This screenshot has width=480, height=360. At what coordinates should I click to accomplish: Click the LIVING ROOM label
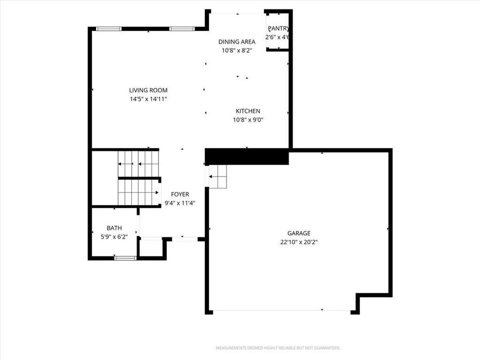pos(148,90)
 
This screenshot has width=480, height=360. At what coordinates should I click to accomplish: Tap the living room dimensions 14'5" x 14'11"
pos(148,99)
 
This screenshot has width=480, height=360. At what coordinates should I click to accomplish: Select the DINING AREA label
pos(237,41)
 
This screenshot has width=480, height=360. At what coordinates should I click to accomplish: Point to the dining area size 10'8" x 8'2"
pos(237,50)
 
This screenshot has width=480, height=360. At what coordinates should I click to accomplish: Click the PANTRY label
pos(278,28)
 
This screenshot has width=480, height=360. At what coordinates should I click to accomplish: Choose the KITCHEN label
pos(248,111)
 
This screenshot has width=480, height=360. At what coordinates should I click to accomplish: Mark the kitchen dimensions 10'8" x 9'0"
pos(248,119)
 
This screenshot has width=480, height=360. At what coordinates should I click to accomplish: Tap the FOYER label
pos(180,194)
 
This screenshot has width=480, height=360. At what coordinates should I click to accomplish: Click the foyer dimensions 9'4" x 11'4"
pos(180,203)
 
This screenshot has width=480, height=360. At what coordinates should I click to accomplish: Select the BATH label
pos(114,228)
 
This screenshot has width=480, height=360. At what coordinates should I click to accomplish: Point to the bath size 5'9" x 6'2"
pos(114,236)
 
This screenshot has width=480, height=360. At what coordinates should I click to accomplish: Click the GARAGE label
pos(299,233)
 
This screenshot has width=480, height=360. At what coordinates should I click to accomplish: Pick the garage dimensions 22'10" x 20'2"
pos(299,242)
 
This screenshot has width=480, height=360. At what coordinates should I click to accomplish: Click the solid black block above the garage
pos(247,157)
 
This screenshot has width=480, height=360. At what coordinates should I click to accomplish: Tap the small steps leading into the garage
pos(218,176)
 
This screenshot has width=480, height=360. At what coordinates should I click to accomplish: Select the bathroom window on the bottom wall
pos(125,258)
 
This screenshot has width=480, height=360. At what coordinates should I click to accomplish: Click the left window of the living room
pos(109,28)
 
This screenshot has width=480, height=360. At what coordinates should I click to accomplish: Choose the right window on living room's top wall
pos(182,28)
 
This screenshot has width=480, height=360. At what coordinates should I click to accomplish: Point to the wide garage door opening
pos(282,311)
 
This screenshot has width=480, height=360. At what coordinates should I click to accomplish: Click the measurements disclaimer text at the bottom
pos(277,348)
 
